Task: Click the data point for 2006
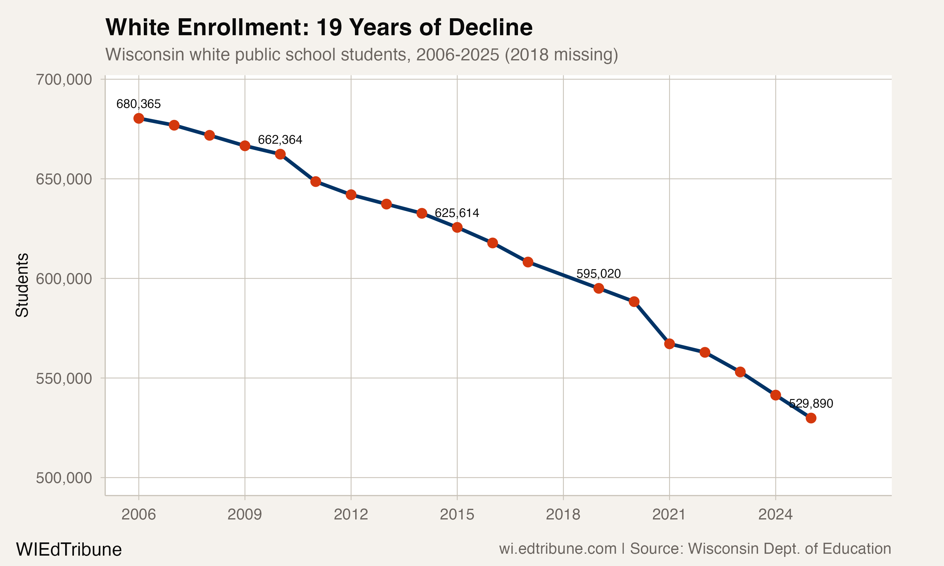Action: click(x=138, y=118)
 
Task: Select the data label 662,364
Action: click(x=280, y=140)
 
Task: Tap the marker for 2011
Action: click(x=316, y=181)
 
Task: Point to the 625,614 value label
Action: click(x=457, y=213)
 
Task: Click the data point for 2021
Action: click(x=669, y=344)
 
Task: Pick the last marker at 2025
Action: click(x=811, y=418)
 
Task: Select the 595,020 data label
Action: click(x=598, y=274)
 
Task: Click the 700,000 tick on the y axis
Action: click(x=64, y=80)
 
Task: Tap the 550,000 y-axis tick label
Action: click(x=64, y=378)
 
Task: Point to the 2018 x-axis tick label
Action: click(x=563, y=514)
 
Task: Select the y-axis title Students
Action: click(x=22, y=285)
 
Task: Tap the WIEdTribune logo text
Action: click(x=69, y=550)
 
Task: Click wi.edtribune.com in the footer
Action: click(x=558, y=549)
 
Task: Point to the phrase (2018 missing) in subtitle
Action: click(x=561, y=55)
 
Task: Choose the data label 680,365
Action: click(x=138, y=104)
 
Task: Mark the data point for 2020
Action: click(x=634, y=302)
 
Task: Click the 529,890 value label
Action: click(x=811, y=403)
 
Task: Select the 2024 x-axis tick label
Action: click(x=775, y=514)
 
